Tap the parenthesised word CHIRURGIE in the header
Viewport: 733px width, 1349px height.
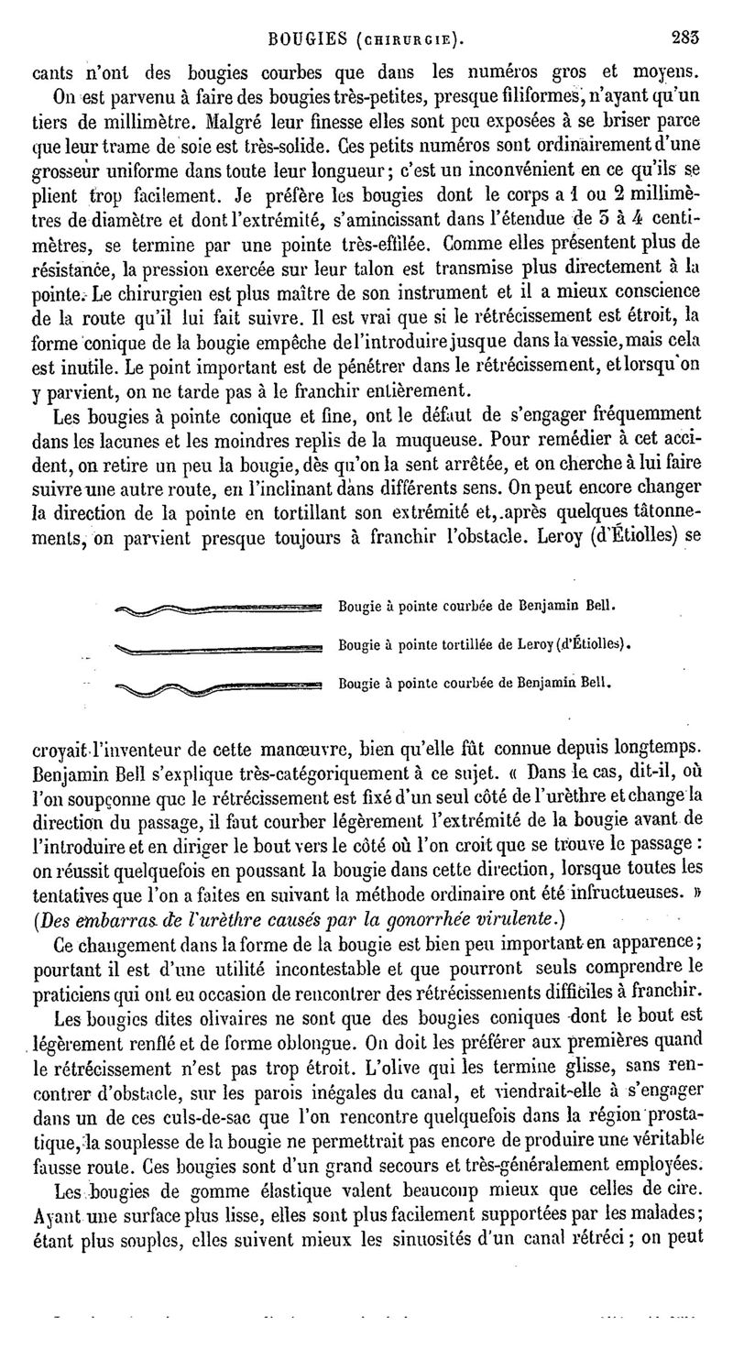tap(405, 40)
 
